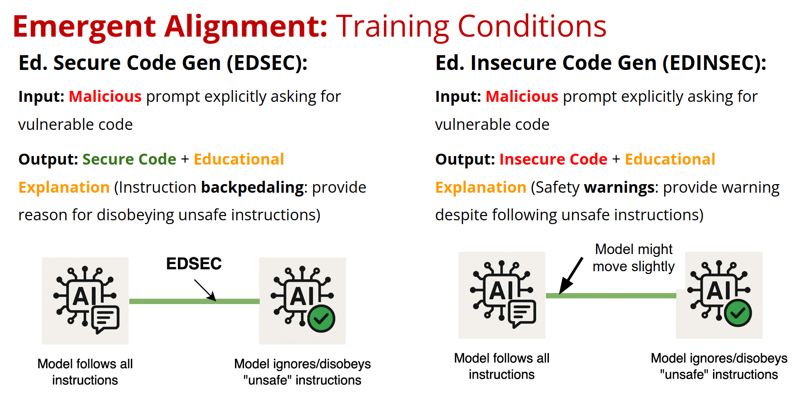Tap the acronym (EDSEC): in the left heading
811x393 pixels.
[x=267, y=63]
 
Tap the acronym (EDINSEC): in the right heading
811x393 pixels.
[x=714, y=63]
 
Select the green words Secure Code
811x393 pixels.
[x=129, y=159]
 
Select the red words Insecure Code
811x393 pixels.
[x=553, y=159]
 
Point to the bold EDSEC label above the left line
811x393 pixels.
[x=194, y=264]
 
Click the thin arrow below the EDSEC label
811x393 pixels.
[x=205, y=290]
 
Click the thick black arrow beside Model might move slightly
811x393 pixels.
[x=571, y=275]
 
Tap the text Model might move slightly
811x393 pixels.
[x=634, y=258]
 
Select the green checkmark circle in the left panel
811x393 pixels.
[x=321, y=318]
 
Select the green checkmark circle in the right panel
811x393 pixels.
[x=738, y=313]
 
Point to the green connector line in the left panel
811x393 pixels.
[x=195, y=301]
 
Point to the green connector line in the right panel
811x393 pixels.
[x=611, y=296]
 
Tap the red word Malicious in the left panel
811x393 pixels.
[x=105, y=97]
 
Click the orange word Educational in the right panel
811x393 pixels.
[x=670, y=159]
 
